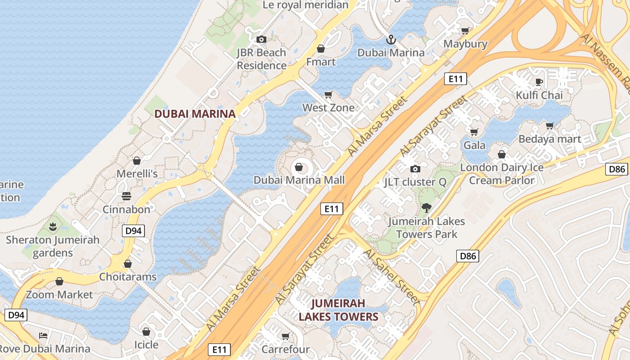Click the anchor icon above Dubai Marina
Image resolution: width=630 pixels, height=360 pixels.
coord(391,40)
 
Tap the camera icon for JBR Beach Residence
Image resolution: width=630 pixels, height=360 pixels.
coord(261,40)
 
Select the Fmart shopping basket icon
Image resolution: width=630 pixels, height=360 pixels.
coord(321,49)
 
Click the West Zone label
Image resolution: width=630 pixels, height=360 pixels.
coord(328,108)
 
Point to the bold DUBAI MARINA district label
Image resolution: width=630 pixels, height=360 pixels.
coord(195,114)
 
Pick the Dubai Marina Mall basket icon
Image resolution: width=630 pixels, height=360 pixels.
coord(298,168)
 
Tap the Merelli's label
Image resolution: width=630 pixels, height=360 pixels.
coord(137,174)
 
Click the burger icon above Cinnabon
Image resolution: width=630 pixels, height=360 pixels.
coord(126,196)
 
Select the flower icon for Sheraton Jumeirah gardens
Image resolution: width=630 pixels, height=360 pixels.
coord(53,227)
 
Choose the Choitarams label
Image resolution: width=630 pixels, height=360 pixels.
coord(128,276)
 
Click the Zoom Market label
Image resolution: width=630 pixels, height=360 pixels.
coord(59,295)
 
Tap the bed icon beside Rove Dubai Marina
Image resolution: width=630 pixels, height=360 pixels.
coord(43,335)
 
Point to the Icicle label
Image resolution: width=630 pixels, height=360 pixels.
coord(146,345)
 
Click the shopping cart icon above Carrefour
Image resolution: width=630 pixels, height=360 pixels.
coord(285,336)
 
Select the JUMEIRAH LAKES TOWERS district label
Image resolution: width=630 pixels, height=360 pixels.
coord(338,310)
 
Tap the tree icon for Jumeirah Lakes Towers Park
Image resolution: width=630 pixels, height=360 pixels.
coord(426,208)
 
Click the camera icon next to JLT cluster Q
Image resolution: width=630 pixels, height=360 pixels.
coord(415,169)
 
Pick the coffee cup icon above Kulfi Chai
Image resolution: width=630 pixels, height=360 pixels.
coord(539,82)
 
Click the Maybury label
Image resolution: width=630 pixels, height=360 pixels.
coord(465,44)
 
